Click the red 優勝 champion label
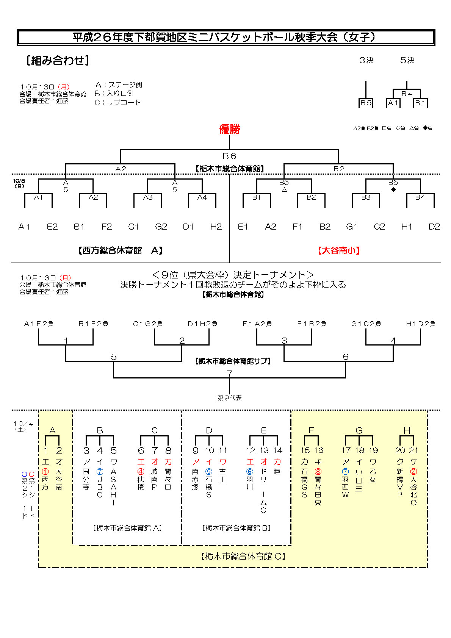[x=229, y=129]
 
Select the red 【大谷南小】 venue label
[x=338, y=250]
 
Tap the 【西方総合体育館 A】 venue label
[x=120, y=250]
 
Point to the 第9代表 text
[x=229, y=398]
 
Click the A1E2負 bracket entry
[x=39, y=324]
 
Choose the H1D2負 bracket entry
[x=421, y=324]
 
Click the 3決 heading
[x=366, y=60]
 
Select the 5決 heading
[x=407, y=60]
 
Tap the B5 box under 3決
[x=366, y=103]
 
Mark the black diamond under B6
[x=393, y=190]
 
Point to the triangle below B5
[x=284, y=190]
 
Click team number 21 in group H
[x=413, y=450]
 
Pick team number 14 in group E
[x=277, y=450]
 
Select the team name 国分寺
[x=86, y=479]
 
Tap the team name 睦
[x=277, y=472]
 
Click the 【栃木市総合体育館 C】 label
[x=243, y=556]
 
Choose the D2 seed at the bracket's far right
[x=434, y=227]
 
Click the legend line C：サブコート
[x=117, y=102]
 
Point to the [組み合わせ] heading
[x=58, y=61]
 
